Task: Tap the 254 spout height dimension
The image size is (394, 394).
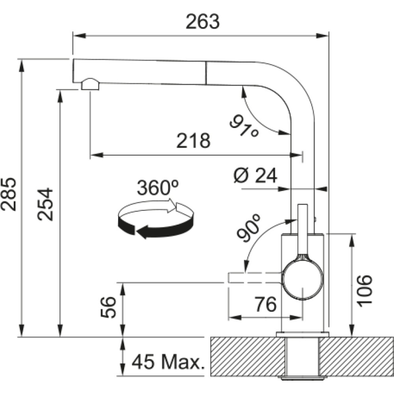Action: [x=45, y=204]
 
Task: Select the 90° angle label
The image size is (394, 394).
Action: [x=250, y=228]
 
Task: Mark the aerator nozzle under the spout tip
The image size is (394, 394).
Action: [x=90, y=84]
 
